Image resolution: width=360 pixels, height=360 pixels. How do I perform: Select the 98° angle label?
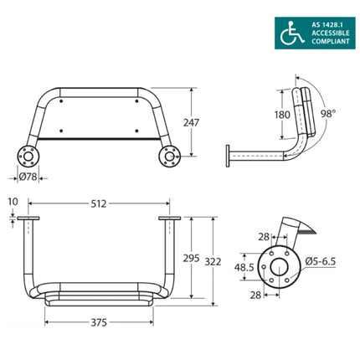click(330, 112)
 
